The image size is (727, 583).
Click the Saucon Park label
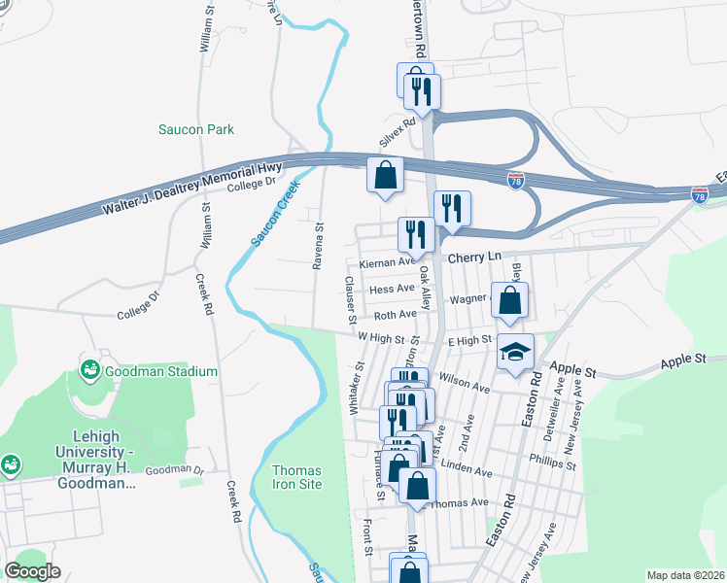pyautogui.click(x=196, y=129)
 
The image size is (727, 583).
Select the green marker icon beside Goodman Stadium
pyautogui.click(x=90, y=370)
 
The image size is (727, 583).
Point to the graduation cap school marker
pyautogui.click(x=515, y=352)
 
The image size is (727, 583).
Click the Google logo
pyautogui.click(x=33, y=571)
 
